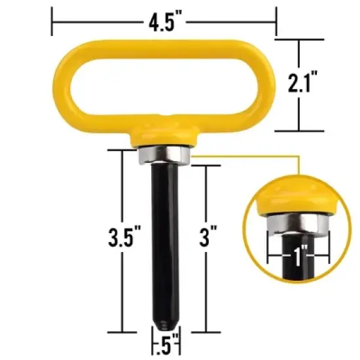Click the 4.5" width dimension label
(x=164, y=26)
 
